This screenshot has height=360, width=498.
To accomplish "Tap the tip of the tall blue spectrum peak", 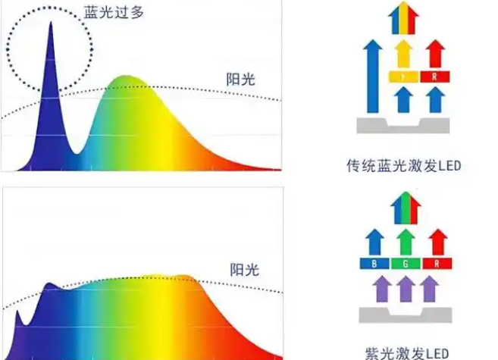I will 51,23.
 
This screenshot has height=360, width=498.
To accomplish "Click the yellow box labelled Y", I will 404,77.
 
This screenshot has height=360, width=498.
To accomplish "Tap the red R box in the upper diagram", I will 435,77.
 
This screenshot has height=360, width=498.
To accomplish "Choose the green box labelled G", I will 407,265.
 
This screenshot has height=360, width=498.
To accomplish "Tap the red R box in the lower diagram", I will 437,265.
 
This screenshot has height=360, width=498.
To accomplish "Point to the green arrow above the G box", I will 407,242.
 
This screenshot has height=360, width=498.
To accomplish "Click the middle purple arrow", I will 407,289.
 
